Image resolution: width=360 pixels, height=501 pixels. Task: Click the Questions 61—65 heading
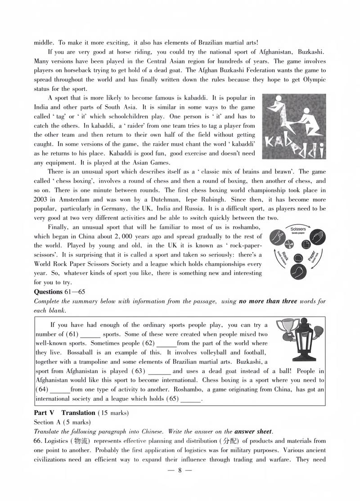[59, 292]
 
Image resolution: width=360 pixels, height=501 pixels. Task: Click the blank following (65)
[191, 400]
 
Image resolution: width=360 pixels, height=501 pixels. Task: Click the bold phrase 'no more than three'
[268, 301]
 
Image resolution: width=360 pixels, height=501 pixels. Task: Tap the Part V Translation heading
[65, 412]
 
